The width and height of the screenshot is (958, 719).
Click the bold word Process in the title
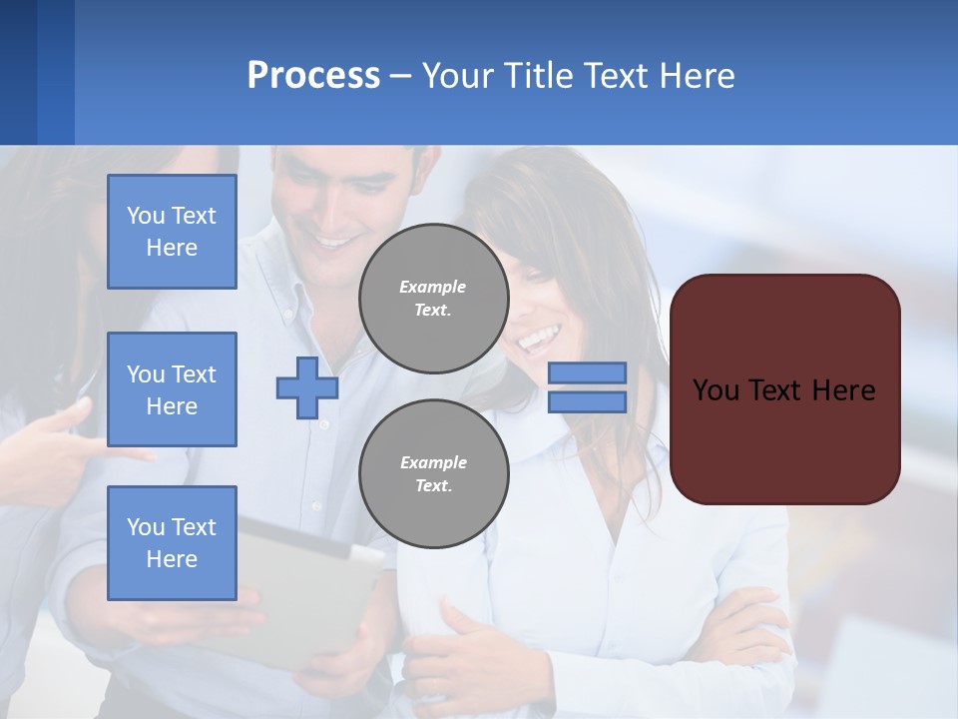coord(313,76)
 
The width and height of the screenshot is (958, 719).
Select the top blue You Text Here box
coord(172,232)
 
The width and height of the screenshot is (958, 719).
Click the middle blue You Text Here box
coord(172,389)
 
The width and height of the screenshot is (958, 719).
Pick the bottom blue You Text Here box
coord(172,543)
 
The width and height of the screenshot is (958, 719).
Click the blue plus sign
coord(306,388)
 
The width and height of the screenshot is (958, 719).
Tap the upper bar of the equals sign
coord(587,372)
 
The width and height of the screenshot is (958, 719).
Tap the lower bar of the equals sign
coord(587,402)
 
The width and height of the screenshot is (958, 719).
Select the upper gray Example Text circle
coord(433,298)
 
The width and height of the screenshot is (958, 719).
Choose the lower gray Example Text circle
coord(433,473)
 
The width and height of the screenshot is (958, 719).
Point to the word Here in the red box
coord(843,390)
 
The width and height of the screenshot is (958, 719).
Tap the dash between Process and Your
coord(400,76)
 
